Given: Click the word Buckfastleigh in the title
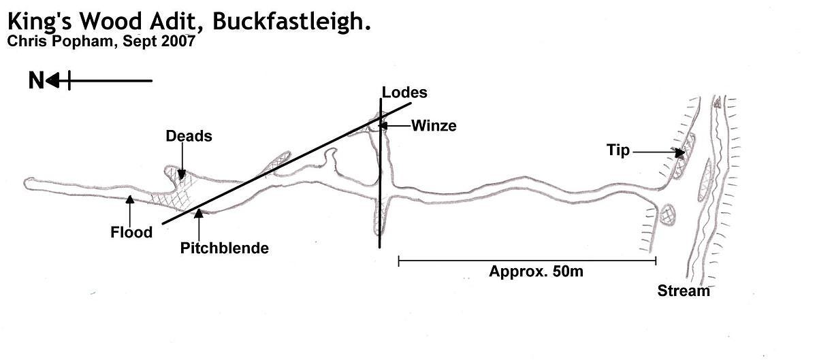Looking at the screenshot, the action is pyautogui.click(x=292, y=22).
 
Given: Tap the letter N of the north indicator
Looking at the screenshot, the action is pyautogui.click(x=36, y=80).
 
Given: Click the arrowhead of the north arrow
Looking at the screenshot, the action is pyautogui.click(x=53, y=80).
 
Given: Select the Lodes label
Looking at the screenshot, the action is pyautogui.click(x=404, y=93).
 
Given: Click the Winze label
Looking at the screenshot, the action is pyautogui.click(x=434, y=126).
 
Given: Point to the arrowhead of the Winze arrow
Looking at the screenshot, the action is pyautogui.click(x=383, y=126).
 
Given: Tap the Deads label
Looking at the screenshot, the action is pyautogui.click(x=189, y=136).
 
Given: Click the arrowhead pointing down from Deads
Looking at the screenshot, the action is pyautogui.click(x=182, y=175).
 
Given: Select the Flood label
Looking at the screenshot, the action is pyautogui.click(x=131, y=232).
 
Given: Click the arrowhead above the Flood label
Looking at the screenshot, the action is pyautogui.click(x=129, y=199).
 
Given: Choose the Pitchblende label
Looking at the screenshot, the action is pyautogui.click(x=224, y=248).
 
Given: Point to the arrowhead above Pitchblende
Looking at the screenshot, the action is pyautogui.click(x=198, y=213).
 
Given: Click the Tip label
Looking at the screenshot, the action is pyautogui.click(x=618, y=150).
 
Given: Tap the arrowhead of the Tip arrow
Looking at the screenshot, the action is pyautogui.click(x=679, y=152).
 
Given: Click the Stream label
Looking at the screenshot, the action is pyautogui.click(x=684, y=291).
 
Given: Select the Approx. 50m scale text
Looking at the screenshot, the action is pyautogui.click(x=536, y=272).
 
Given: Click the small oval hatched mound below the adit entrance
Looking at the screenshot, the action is pyautogui.click(x=668, y=215).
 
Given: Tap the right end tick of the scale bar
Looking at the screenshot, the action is pyautogui.click(x=656, y=261).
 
